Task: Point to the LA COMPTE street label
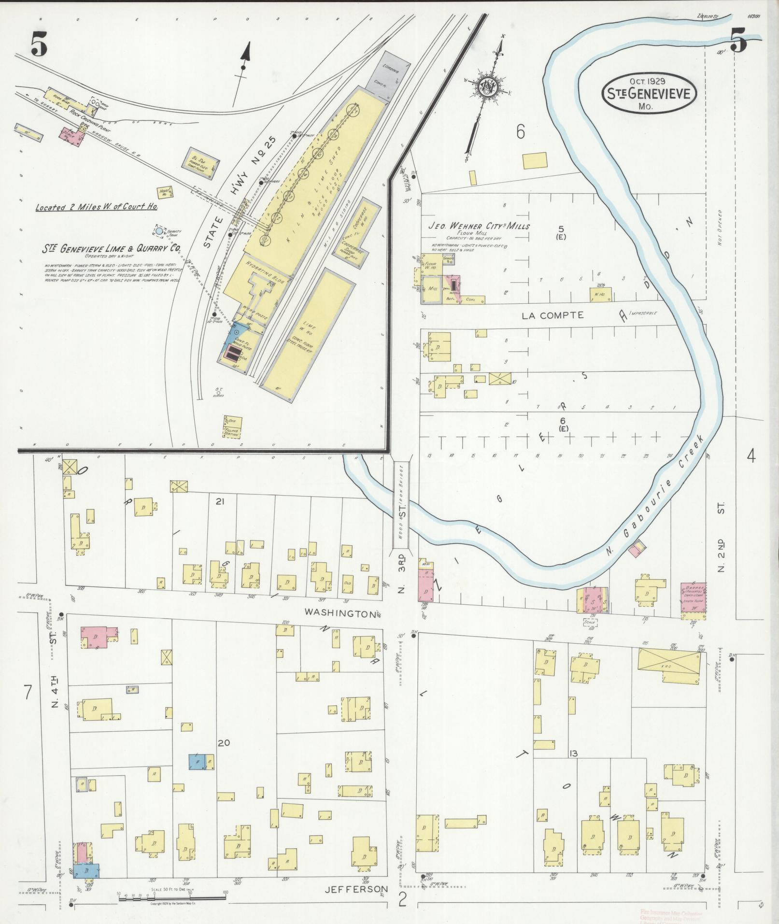(x=552, y=315)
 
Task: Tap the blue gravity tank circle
(x=159, y=232)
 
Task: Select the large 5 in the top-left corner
(x=39, y=46)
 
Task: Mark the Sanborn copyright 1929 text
(x=172, y=903)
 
